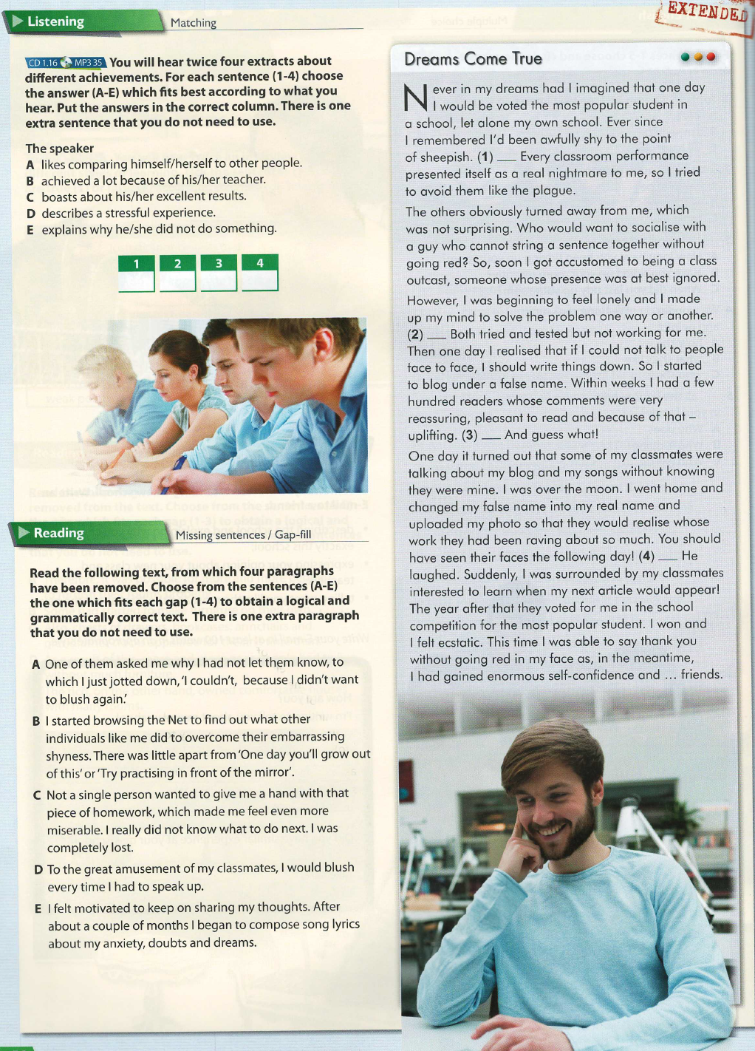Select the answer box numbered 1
coord(137,273)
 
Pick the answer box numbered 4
coord(260,272)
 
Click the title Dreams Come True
coord(473,59)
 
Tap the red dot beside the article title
coord(711,57)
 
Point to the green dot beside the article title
coord(686,57)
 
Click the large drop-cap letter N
coord(417,98)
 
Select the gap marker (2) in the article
coord(415,334)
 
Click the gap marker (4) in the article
coord(647,556)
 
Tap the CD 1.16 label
coord(43,63)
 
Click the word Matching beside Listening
coord(194,23)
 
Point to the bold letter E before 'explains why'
coord(30,230)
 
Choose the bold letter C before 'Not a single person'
coord(37,795)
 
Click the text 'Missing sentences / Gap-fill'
coord(243,535)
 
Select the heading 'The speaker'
coord(60,149)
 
